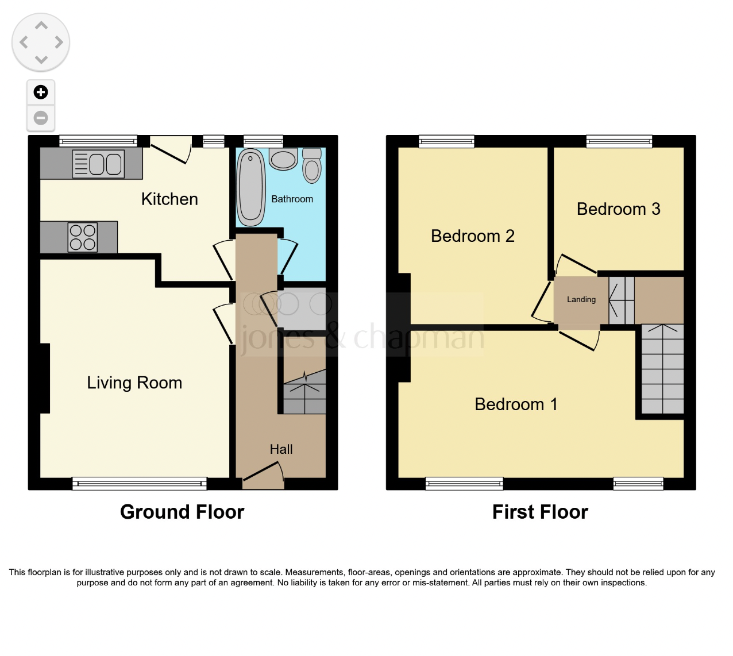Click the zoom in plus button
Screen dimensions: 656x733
click(x=41, y=92)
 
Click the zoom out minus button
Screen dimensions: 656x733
click(x=41, y=118)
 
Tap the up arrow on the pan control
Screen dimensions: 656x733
click(x=41, y=26)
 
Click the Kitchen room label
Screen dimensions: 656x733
click(x=169, y=199)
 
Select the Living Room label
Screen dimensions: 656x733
click(x=134, y=383)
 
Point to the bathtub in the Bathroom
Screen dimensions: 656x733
click(x=250, y=187)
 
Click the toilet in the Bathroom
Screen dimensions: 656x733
click(x=312, y=165)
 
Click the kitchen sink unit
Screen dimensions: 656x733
click(x=98, y=164)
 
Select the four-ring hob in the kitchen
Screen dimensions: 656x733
click(x=83, y=237)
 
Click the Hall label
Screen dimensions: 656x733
click(x=281, y=449)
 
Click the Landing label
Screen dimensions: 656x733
click(x=581, y=299)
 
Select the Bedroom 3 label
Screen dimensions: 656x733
click(x=618, y=209)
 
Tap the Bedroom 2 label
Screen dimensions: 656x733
click(x=472, y=236)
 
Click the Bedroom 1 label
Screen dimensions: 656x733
click(x=516, y=404)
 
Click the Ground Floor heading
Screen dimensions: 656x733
click(x=182, y=512)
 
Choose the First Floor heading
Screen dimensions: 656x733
click(x=540, y=512)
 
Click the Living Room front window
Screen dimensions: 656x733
click(x=139, y=484)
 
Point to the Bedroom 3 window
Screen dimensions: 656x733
click(x=619, y=141)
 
